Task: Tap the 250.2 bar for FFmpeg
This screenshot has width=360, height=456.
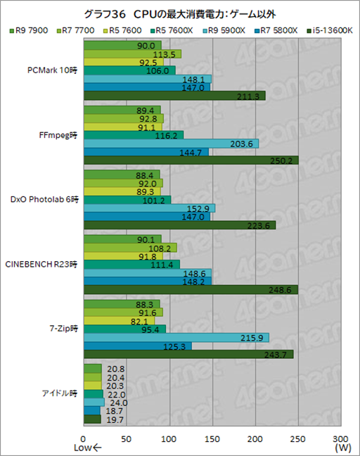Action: click(191, 160)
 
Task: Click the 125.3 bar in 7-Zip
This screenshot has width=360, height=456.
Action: click(137, 346)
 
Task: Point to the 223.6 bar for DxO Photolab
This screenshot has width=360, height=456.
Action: click(179, 225)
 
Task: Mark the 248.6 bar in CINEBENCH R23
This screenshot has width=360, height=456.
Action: click(190, 290)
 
